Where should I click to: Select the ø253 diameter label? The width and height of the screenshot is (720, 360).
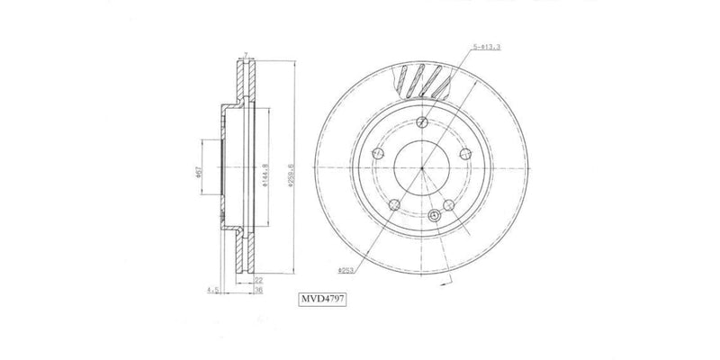click(346, 269)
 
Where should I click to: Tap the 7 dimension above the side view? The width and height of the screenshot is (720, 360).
click(247, 54)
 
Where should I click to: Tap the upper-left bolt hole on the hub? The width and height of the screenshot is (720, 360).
click(377, 154)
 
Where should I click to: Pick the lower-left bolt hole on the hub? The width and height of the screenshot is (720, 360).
click(394, 206)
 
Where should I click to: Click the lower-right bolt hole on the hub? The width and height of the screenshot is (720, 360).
click(450, 206)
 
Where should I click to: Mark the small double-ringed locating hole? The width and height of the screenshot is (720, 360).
click(436, 215)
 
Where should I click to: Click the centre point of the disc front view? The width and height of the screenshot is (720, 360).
click(422, 167)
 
